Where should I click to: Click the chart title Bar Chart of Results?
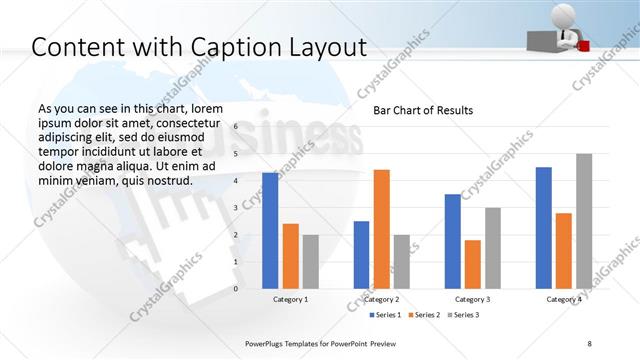pyautogui.click(x=423, y=110)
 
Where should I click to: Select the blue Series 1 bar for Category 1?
pyautogui.click(x=270, y=230)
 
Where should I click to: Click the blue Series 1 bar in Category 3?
pyautogui.click(x=452, y=240)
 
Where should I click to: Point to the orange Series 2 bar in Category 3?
pyautogui.click(x=473, y=263)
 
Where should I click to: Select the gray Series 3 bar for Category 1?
pyautogui.click(x=311, y=261)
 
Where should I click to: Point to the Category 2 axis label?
pyautogui.click(x=382, y=299)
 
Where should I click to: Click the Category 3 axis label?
pyautogui.click(x=473, y=299)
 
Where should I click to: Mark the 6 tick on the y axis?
pyautogui.click(x=235, y=127)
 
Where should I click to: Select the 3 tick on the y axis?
pyautogui.click(x=235, y=208)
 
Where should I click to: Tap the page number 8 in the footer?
pyautogui.click(x=590, y=343)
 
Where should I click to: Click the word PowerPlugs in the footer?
pyautogui.click(x=269, y=343)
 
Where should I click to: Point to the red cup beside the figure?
pyautogui.click(x=583, y=43)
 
